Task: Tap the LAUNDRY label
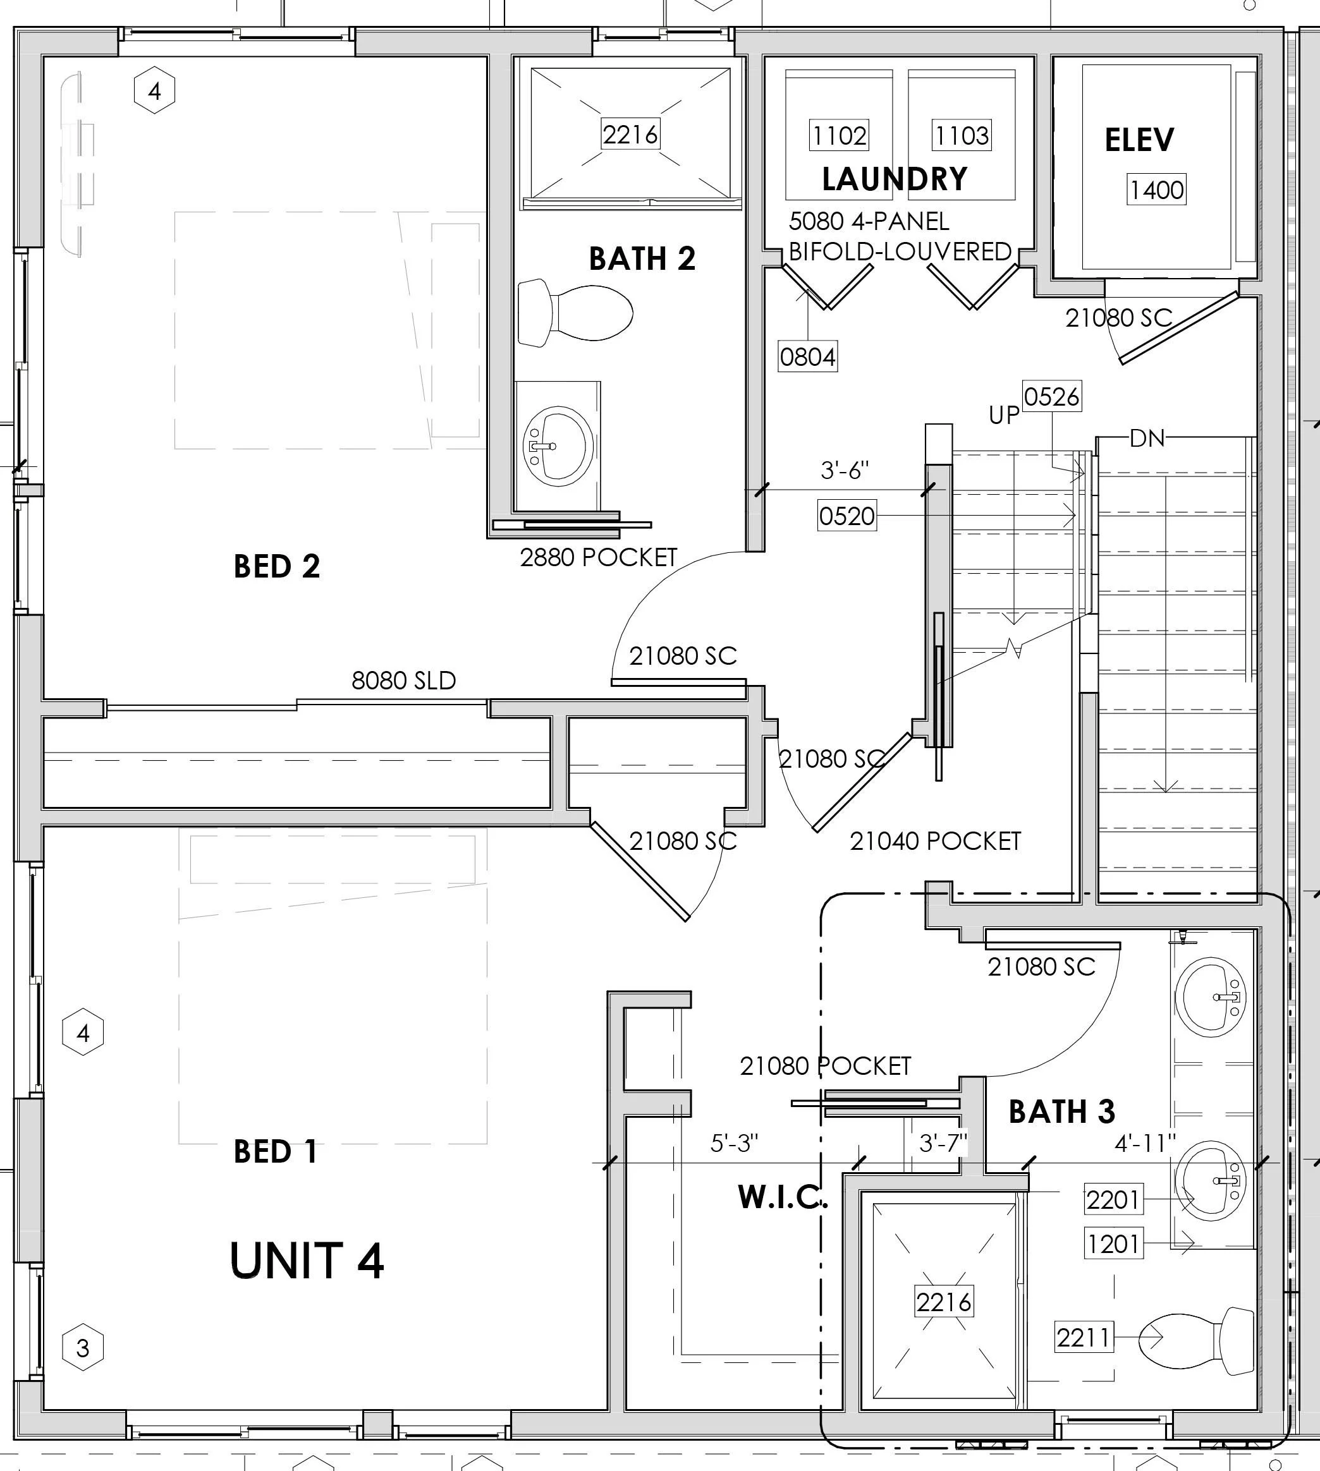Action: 895,179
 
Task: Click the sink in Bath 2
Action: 557,445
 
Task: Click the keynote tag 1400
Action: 1156,190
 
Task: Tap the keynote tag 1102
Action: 839,136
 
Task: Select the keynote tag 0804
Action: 807,357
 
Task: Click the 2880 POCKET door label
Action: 598,557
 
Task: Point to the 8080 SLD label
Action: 403,681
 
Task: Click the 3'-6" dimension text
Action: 844,471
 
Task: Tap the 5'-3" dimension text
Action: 734,1143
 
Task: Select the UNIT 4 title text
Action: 307,1261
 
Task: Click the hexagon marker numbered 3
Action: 83,1348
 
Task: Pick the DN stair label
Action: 1147,438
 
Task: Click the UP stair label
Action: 1004,415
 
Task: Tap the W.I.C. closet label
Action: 782,1197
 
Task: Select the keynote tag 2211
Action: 1083,1337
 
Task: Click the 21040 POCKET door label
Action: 935,841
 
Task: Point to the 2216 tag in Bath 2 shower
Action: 630,134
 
